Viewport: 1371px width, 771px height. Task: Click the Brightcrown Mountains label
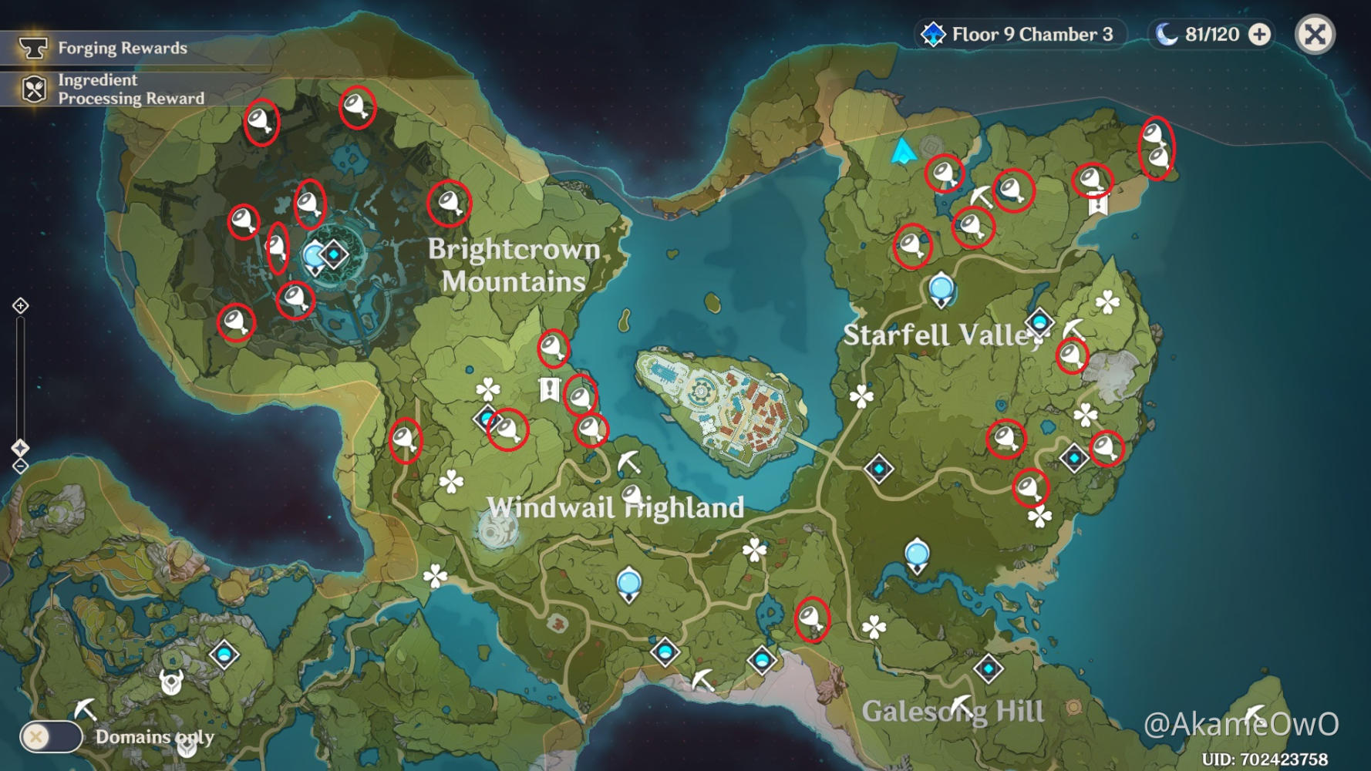pos(514,265)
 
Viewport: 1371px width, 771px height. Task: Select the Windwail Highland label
pos(615,507)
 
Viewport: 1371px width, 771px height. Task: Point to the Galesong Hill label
pos(953,711)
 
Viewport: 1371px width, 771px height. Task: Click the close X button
pos(1315,35)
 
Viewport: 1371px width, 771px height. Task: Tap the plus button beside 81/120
pos(1259,35)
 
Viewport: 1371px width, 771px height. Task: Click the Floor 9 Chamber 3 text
pos(1032,35)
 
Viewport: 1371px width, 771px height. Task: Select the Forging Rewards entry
pos(123,48)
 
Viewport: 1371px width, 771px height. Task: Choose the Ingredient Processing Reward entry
pos(131,89)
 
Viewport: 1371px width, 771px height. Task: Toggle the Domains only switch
pos(51,736)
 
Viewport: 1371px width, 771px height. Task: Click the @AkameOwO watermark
pos(1241,724)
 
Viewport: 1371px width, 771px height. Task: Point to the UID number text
pos(1265,759)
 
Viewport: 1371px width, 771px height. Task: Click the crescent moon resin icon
pos(1167,35)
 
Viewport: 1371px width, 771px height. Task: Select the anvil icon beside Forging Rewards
pos(33,48)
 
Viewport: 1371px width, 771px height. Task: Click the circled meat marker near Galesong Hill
pos(811,619)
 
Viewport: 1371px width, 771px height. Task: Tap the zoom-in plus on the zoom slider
pos(21,306)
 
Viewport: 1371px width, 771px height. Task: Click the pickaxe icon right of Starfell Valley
pos(1073,329)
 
